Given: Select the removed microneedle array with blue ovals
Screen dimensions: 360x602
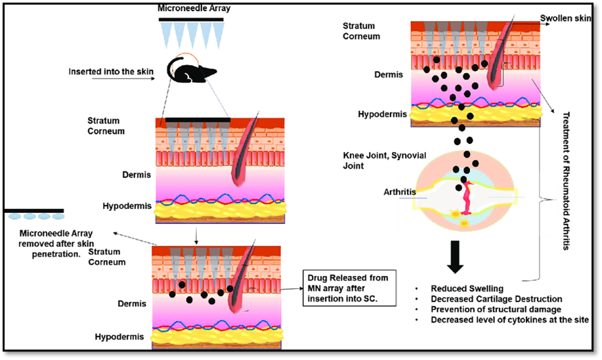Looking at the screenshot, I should coord(34,214).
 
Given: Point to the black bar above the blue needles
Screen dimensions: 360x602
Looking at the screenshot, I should coord(192,20).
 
